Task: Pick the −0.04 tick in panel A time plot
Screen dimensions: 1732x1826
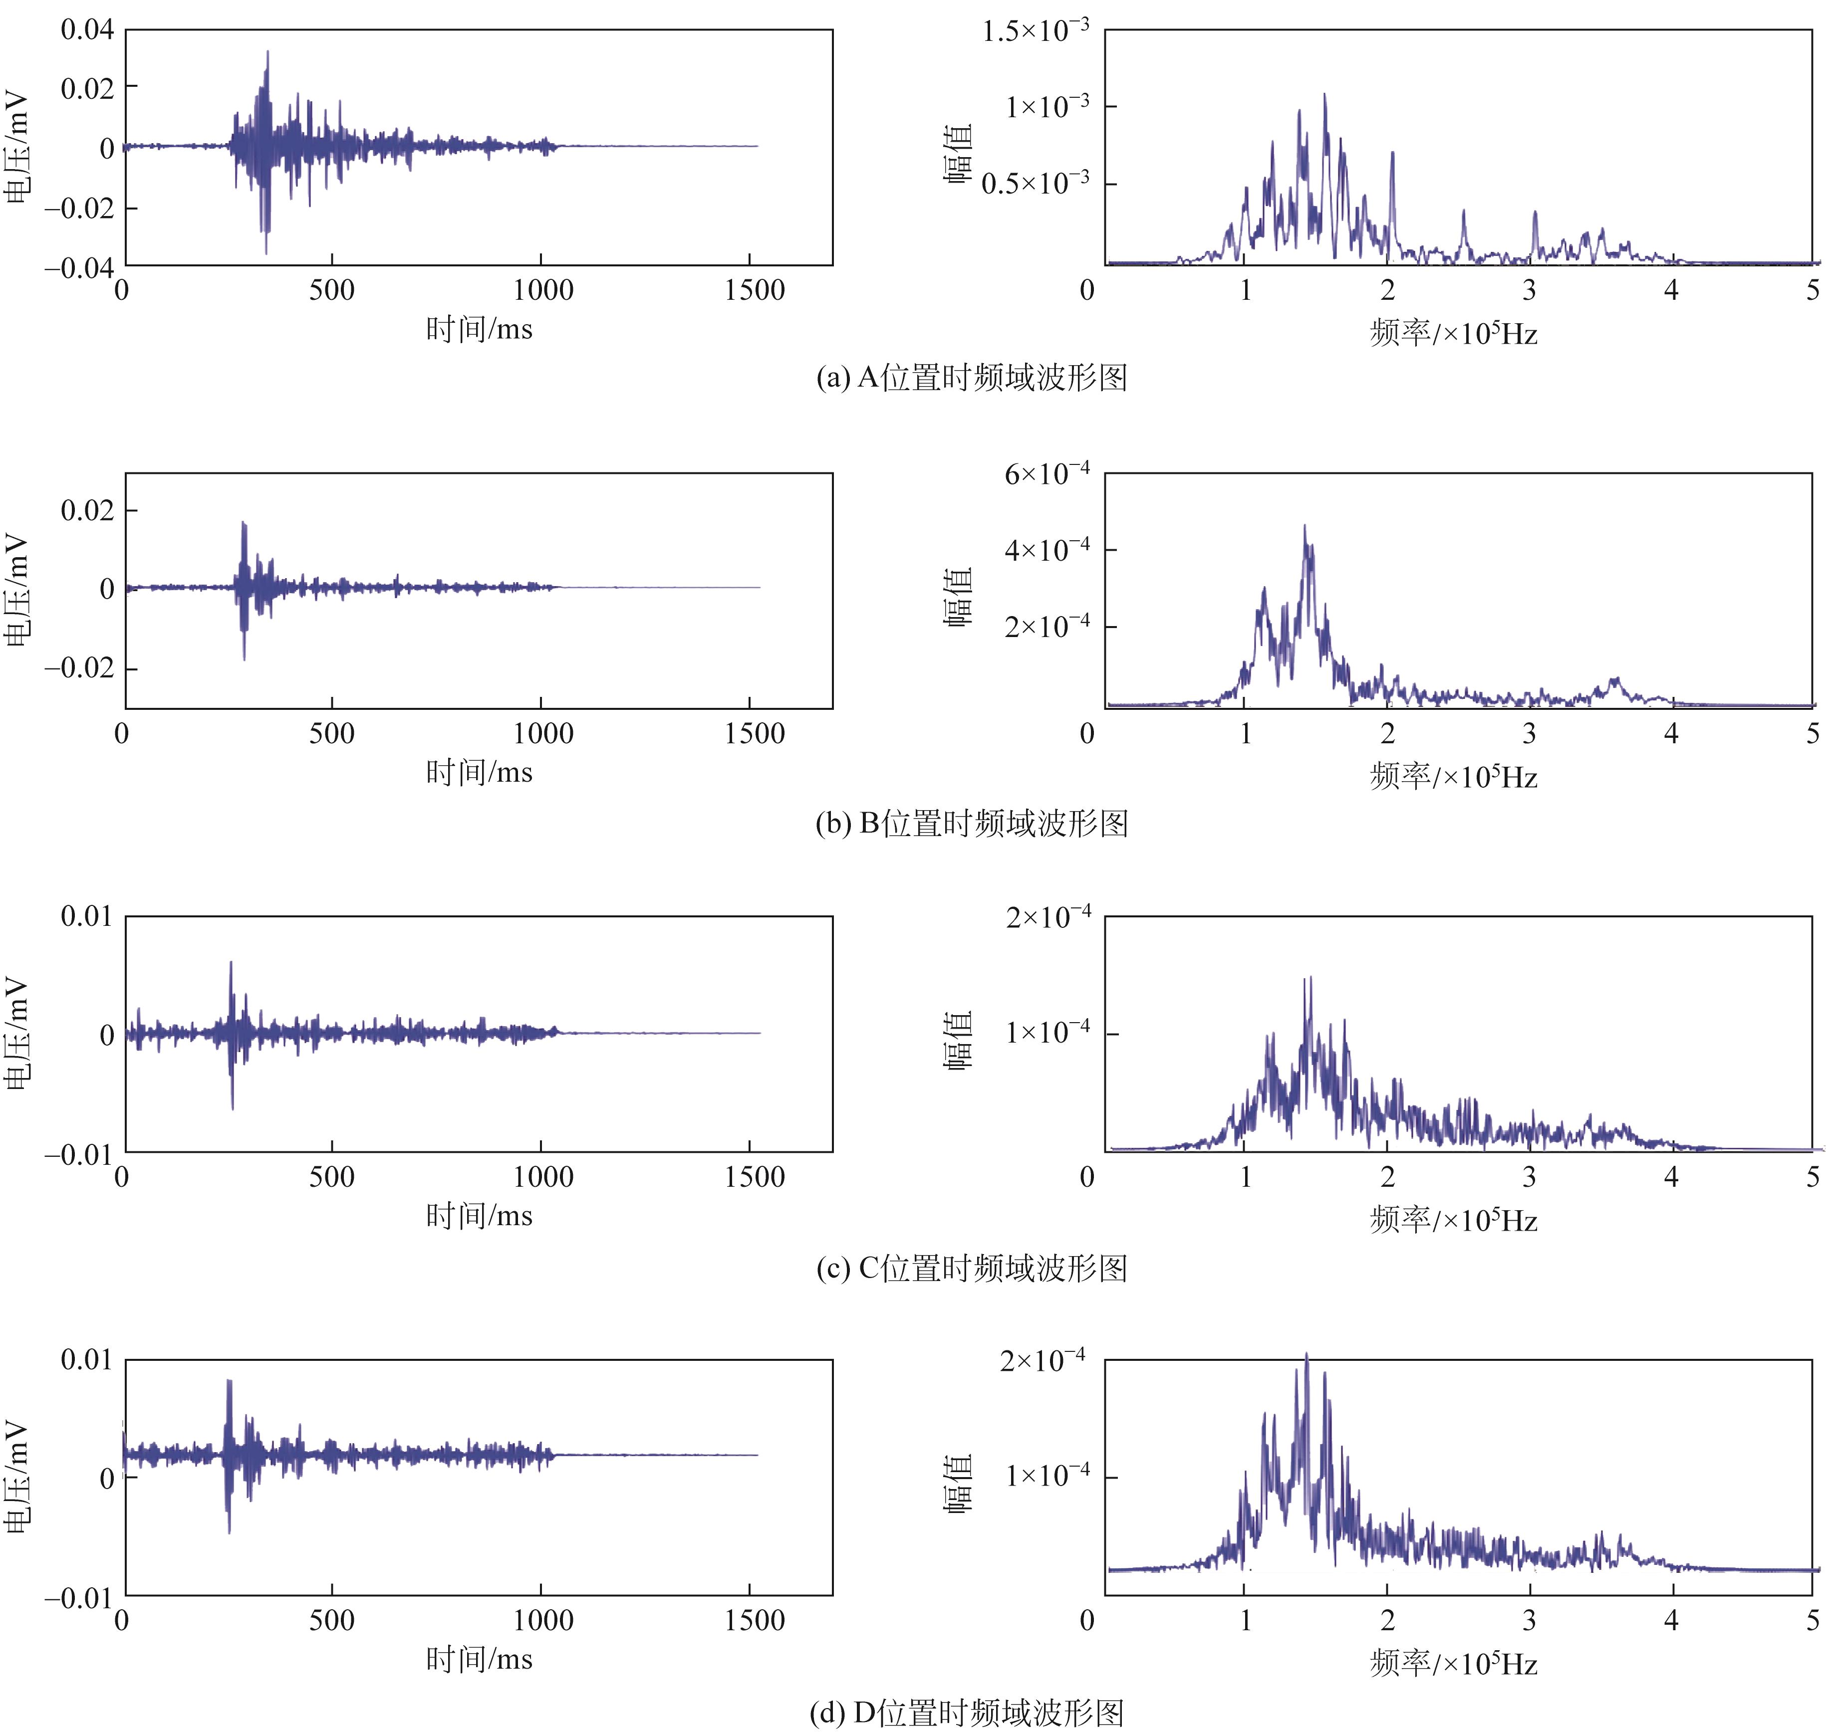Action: click(79, 268)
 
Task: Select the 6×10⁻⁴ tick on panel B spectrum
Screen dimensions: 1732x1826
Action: click(1046, 474)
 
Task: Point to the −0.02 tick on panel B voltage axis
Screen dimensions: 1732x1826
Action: click(79, 668)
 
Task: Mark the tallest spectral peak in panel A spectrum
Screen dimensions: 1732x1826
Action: click(1324, 94)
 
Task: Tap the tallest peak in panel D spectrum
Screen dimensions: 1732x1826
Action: click(1306, 1354)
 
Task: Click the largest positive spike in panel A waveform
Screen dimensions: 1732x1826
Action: click(268, 52)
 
